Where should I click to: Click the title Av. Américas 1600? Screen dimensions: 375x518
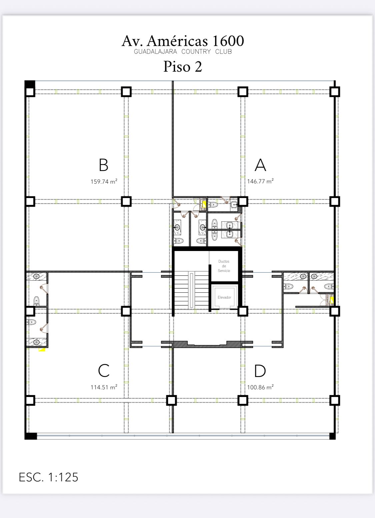pyautogui.click(x=183, y=41)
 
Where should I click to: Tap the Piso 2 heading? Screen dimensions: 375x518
pyautogui.click(x=183, y=66)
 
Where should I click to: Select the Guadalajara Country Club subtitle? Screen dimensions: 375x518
pyautogui.click(x=183, y=52)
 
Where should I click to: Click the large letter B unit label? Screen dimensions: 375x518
pyautogui.click(x=103, y=165)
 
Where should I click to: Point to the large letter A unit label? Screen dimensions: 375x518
pyautogui.click(x=260, y=165)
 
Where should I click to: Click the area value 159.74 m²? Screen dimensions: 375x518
pyautogui.click(x=104, y=182)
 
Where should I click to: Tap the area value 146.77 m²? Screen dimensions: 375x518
pyautogui.click(x=260, y=181)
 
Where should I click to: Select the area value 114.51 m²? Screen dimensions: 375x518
pyautogui.click(x=104, y=387)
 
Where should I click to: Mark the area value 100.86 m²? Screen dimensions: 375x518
pyautogui.click(x=260, y=387)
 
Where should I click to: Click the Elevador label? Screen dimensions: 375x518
pyautogui.click(x=224, y=297)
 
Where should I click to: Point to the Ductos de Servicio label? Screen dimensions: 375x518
pyautogui.click(x=224, y=266)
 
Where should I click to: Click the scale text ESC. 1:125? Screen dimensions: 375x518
pyautogui.click(x=49, y=477)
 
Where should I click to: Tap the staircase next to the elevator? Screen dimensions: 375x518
pyautogui.click(x=191, y=290)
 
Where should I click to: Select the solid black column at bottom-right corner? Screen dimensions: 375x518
pyautogui.click(x=332, y=436)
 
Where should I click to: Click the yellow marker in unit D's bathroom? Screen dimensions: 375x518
pyautogui.click(x=332, y=300)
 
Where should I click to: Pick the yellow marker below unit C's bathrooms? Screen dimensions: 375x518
pyautogui.click(x=42, y=350)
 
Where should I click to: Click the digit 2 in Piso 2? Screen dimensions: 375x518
pyautogui.click(x=198, y=67)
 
